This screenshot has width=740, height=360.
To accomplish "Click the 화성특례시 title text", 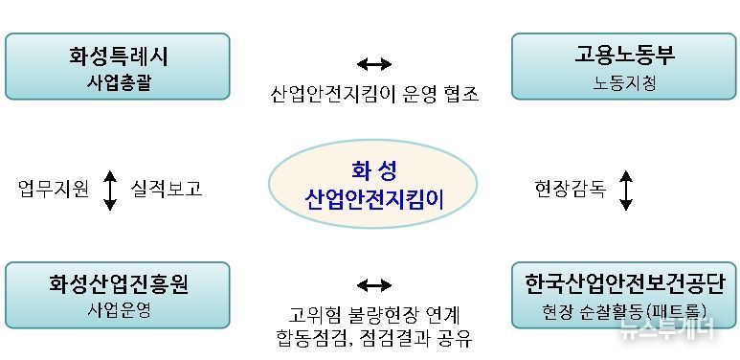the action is tap(118, 56).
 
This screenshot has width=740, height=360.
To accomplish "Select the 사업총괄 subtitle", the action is tap(118, 82).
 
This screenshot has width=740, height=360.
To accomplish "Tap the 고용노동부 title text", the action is tap(624, 56).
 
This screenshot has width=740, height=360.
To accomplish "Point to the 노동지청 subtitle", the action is tap(624, 82).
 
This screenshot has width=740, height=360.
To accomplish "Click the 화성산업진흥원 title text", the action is tap(118, 284).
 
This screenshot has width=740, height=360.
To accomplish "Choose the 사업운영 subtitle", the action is tap(118, 310).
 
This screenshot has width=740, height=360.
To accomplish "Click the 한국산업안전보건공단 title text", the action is tap(624, 284).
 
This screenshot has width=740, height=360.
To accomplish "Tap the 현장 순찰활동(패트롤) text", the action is tap(624, 311).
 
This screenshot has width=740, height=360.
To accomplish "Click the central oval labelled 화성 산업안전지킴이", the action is tap(373, 187).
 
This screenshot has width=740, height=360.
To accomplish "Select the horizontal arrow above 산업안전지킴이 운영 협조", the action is tap(373, 64).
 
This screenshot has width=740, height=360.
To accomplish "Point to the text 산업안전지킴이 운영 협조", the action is tap(373, 95).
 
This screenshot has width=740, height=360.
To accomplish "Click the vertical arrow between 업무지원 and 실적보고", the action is tap(109, 190).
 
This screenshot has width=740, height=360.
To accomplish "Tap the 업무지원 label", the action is tap(54, 189).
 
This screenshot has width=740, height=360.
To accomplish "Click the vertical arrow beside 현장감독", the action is tap(626, 190).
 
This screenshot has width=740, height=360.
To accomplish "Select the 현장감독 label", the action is tap(570, 189).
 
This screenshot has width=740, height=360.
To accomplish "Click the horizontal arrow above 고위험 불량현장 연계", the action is tap(373, 284).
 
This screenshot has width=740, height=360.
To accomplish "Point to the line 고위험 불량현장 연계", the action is tap(373, 314).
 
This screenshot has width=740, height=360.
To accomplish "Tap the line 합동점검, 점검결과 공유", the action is tap(373, 338).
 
